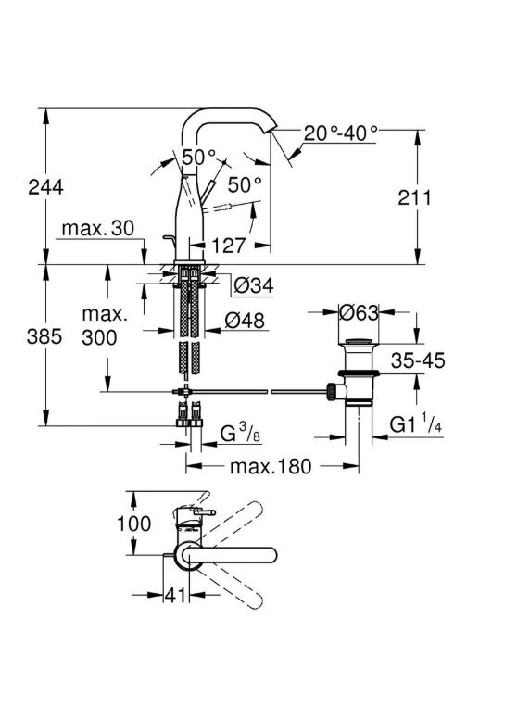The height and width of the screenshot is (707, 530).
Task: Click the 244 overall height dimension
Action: tap(45, 186)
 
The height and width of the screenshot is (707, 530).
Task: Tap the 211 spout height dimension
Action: tap(414, 197)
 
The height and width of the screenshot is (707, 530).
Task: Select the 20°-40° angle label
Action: tap(341, 133)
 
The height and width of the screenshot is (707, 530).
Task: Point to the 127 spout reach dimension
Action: tap(228, 246)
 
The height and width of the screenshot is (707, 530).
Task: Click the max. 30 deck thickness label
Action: tap(98, 228)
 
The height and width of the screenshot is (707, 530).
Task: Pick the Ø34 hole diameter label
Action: tap(254, 285)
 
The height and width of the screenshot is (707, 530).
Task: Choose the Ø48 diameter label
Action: tap(245, 320)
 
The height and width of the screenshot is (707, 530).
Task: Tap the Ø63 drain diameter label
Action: tap(359, 312)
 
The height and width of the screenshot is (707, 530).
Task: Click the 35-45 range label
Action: tap(418, 360)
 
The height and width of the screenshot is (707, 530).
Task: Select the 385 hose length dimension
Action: tap(44, 336)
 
